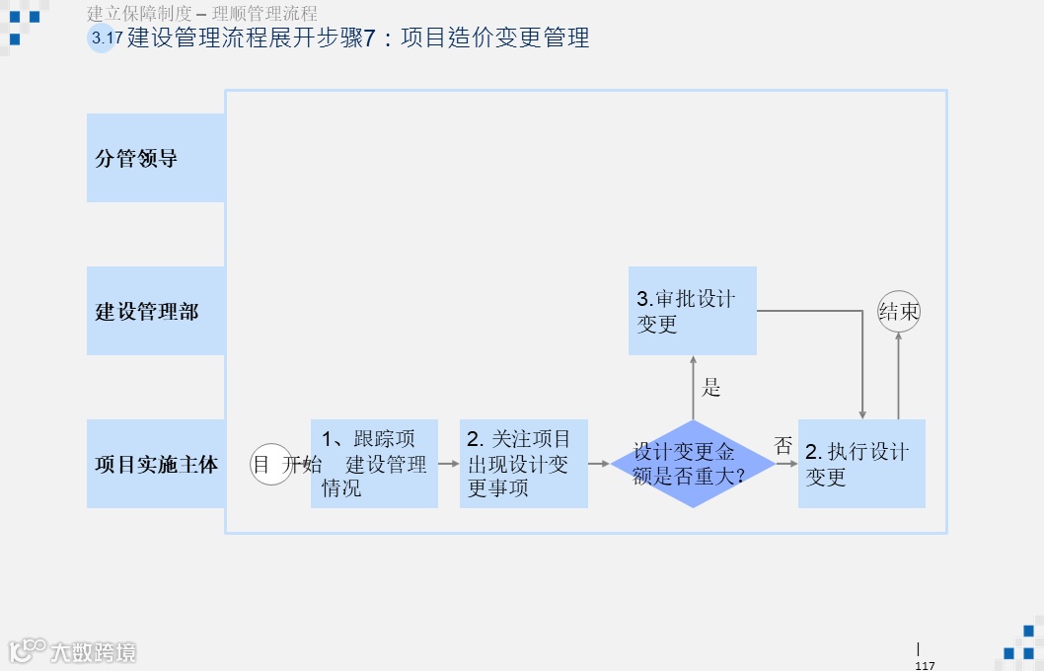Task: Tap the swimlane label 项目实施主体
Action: [x=156, y=464]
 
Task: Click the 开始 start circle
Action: [x=270, y=464]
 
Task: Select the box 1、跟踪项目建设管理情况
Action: [x=374, y=464]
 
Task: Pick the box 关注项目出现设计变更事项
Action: [x=523, y=464]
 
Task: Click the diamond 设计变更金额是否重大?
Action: [x=693, y=464]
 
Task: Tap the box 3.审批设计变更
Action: [x=693, y=311]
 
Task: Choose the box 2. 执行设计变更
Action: [x=861, y=464]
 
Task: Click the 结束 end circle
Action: [x=899, y=312]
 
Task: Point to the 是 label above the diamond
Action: [x=711, y=388]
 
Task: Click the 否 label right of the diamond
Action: [x=783, y=446]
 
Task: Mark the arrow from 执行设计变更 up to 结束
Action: [x=899, y=376]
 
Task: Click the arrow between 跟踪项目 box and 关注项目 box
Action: [x=449, y=463]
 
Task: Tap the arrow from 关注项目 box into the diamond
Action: [x=599, y=463]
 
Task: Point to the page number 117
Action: [x=925, y=665]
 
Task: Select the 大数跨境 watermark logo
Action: [x=74, y=651]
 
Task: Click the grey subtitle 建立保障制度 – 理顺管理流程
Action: [x=202, y=14]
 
